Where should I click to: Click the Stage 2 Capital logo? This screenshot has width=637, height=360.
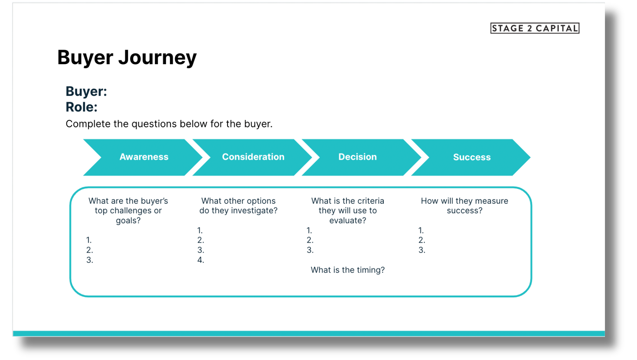pyautogui.click(x=535, y=28)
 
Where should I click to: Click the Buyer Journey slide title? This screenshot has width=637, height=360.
pyautogui.click(x=127, y=58)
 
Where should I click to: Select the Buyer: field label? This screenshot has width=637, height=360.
pyautogui.click(x=86, y=91)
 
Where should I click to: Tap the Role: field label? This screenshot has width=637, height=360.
pyautogui.click(x=81, y=107)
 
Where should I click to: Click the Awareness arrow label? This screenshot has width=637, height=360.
pyautogui.click(x=144, y=157)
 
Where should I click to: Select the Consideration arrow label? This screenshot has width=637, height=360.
pyautogui.click(x=253, y=157)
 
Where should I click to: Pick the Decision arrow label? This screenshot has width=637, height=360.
pyautogui.click(x=357, y=157)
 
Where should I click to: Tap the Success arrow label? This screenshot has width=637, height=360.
pyautogui.click(x=472, y=157)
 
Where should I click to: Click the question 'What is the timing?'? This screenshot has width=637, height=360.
pyautogui.click(x=348, y=270)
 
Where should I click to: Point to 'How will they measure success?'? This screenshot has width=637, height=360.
pyautogui.click(x=464, y=206)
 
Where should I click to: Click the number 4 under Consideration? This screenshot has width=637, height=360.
pyautogui.click(x=200, y=260)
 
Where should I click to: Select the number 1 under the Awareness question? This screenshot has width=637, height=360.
pyautogui.click(x=89, y=240)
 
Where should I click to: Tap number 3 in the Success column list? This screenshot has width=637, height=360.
pyautogui.click(x=422, y=250)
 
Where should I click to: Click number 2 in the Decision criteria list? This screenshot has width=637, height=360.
pyautogui.click(x=310, y=240)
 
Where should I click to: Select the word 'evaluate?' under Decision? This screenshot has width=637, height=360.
pyautogui.click(x=348, y=221)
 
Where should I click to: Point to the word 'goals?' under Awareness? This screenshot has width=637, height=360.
pyautogui.click(x=128, y=221)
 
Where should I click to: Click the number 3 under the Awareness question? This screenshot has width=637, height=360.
pyautogui.click(x=89, y=260)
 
